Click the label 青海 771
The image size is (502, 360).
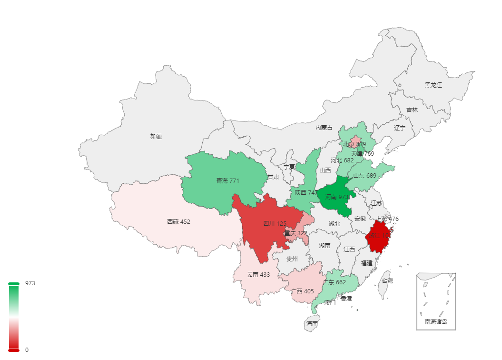tap(228, 181)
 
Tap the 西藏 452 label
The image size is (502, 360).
tap(178, 221)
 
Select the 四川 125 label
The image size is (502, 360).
tap(275, 223)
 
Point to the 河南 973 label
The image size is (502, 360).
tap(337, 197)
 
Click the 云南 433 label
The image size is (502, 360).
tap(258, 275)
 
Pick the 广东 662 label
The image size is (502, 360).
tap(334, 282)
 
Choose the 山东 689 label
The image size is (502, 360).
tap(364, 176)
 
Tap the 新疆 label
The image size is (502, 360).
tap(156, 136)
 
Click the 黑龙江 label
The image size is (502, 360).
tap(433, 85)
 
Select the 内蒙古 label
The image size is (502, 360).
tap(324, 128)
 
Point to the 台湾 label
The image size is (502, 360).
tap(387, 280)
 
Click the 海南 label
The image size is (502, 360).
tap(312, 324)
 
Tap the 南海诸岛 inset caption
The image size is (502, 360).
tap(436, 322)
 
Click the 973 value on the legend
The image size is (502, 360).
tap(30, 283)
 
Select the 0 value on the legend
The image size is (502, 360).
tap(27, 350)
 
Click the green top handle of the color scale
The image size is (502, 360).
tap(14, 284)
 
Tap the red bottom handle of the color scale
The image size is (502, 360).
tap(14, 350)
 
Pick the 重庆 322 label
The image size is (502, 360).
tap(295, 233)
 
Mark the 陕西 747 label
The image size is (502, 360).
tap(306, 193)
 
